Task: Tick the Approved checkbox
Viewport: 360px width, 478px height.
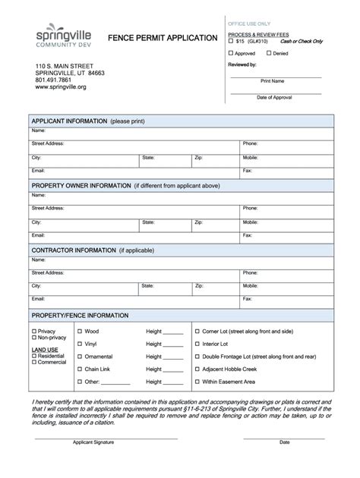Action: [x=232, y=53]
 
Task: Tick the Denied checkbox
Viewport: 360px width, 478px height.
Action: [x=268, y=53]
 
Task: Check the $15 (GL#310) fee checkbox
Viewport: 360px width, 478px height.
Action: [x=232, y=41]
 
